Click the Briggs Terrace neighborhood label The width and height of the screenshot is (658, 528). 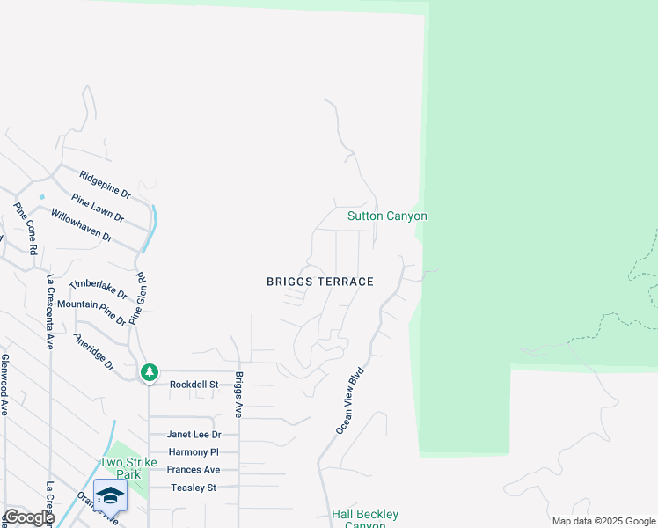(320, 282)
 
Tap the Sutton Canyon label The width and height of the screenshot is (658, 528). (387, 216)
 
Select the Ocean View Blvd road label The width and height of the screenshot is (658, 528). (349, 401)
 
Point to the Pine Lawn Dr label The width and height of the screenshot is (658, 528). (98, 208)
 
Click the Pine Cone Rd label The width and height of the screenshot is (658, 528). (26, 228)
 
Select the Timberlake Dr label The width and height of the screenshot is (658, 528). (98, 290)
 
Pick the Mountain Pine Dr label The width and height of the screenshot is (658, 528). (92, 305)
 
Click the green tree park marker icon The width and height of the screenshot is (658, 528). (150, 372)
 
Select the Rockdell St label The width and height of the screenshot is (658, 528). (194, 385)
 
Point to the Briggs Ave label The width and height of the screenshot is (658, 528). (238, 395)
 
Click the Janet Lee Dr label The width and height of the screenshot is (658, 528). (194, 435)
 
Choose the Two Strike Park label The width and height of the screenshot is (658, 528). (128, 468)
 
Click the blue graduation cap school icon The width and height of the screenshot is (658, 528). (110, 496)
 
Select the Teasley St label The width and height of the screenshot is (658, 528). (194, 488)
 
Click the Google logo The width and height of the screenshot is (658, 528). (28, 518)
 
